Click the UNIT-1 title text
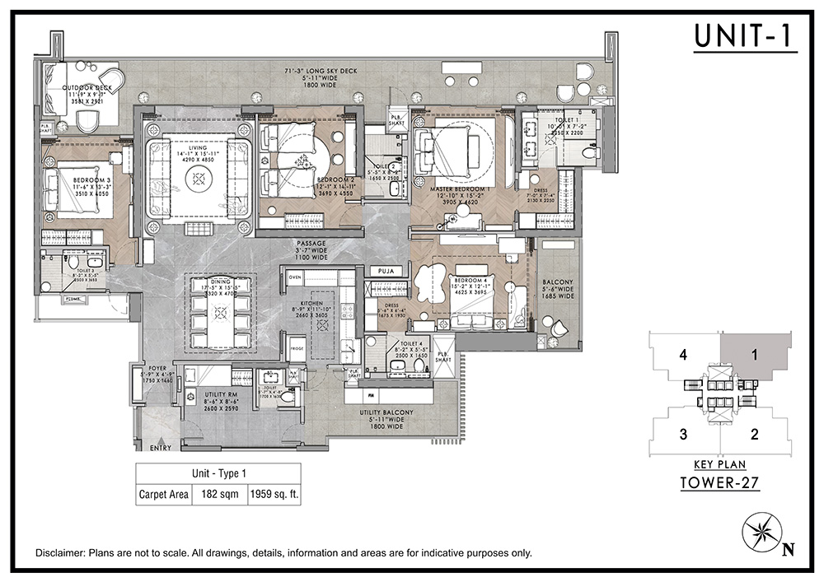(x=745, y=36)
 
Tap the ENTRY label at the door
(x=162, y=448)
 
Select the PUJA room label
(x=383, y=271)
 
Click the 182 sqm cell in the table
(x=220, y=495)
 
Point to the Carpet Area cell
(x=164, y=495)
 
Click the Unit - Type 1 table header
(x=218, y=474)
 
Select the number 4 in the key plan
(x=683, y=356)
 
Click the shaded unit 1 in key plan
(x=753, y=356)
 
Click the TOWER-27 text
(x=719, y=483)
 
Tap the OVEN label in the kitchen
(x=295, y=277)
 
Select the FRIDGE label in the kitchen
(x=297, y=349)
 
